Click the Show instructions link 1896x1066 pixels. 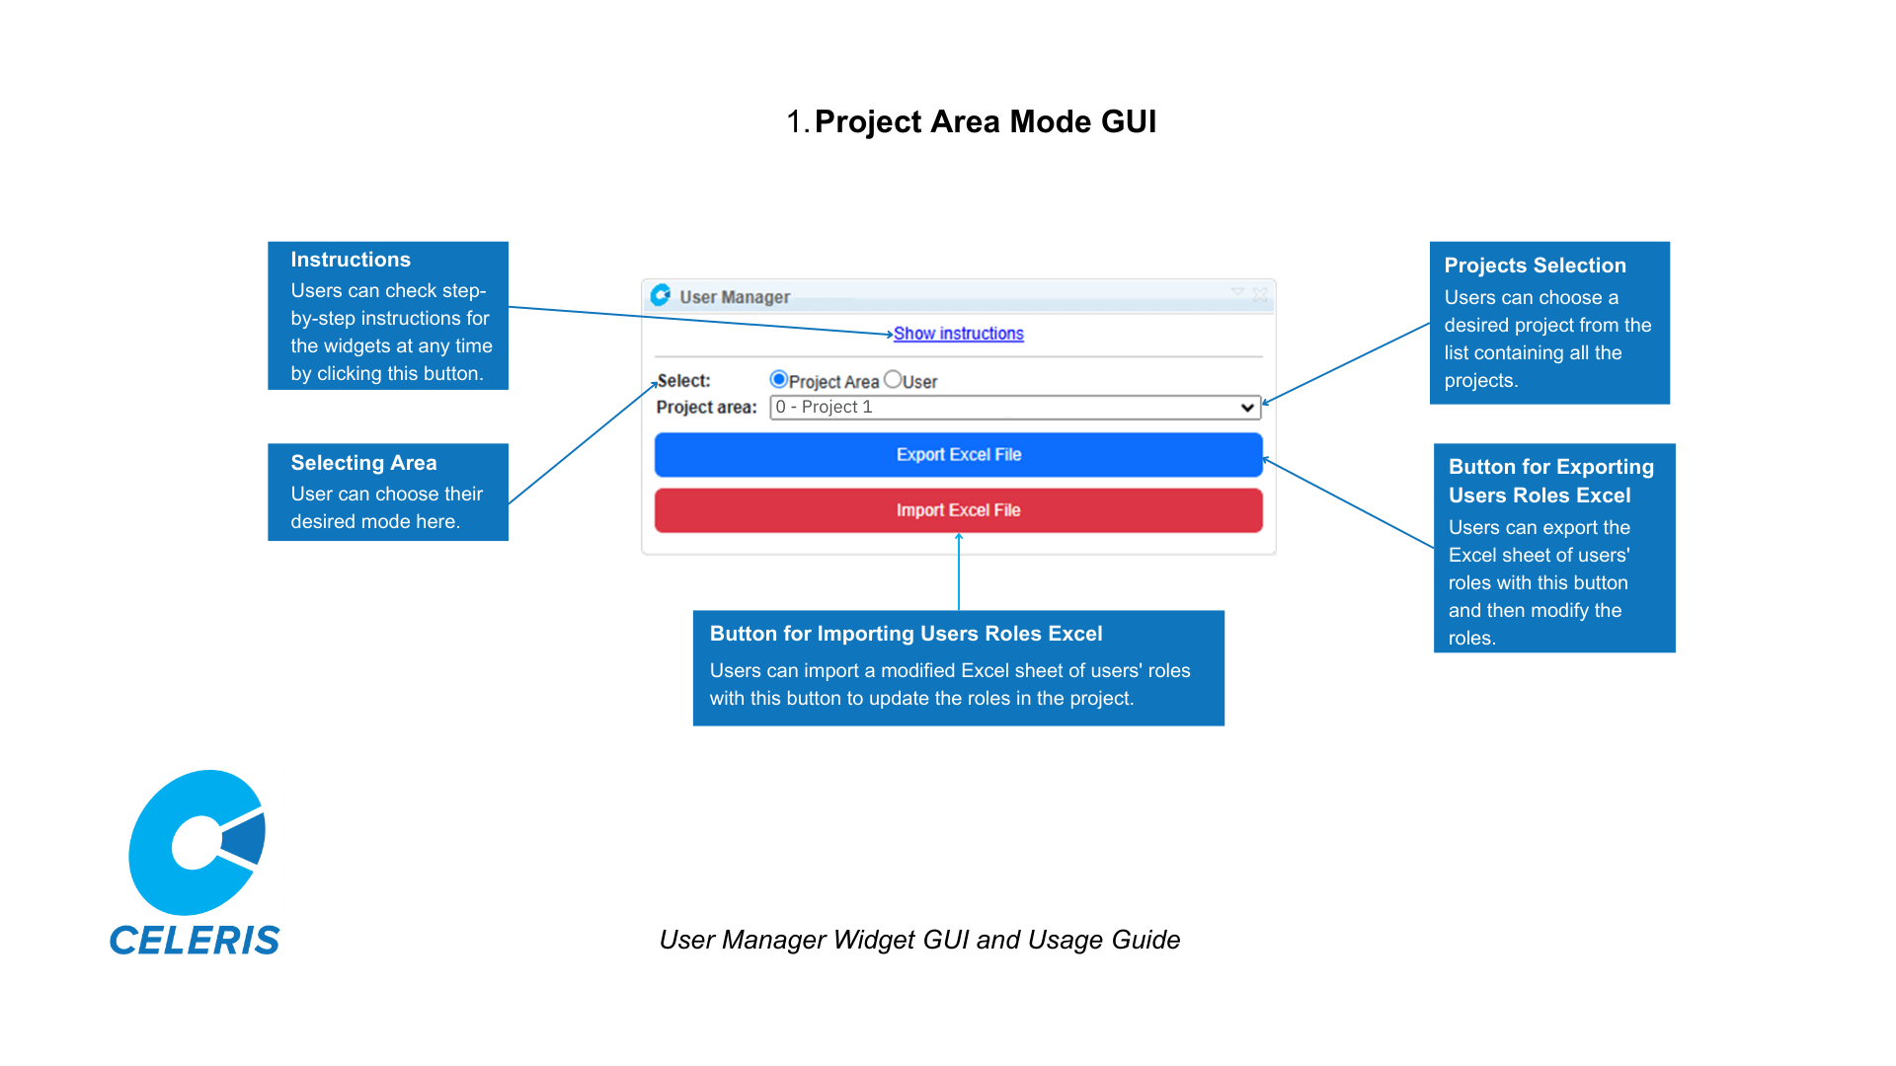pyautogui.click(x=958, y=334)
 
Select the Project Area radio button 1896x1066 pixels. pyautogui.click(x=778, y=380)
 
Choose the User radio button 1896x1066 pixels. pyautogui.click(x=893, y=380)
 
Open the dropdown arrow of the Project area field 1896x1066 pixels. pyautogui.click(x=1247, y=408)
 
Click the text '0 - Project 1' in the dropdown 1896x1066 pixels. pyautogui.click(x=824, y=408)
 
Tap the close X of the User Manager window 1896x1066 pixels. pyautogui.click(x=1260, y=294)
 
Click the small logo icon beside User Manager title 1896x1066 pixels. pyautogui.click(x=661, y=295)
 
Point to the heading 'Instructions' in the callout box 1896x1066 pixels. pyautogui.click(x=351, y=260)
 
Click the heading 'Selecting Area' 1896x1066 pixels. pyautogui.click(x=363, y=463)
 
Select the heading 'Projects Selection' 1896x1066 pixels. pyautogui.click(x=1535, y=266)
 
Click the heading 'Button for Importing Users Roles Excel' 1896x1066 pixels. pyautogui.click(x=906, y=634)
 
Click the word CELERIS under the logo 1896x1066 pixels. pyautogui.click(x=195, y=941)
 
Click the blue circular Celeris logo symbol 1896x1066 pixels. pyautogui.click(x=197, y=842)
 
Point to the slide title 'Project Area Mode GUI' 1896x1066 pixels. pyautogui.click(x=985, y=121)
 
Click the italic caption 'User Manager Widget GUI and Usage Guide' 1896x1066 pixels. pyautogui.click(x=919, y=940)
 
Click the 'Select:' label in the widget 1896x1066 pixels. pyautogui.click(x=683, y=381)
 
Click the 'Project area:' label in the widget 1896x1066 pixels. pyautogui.click(x=706, y=408)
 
